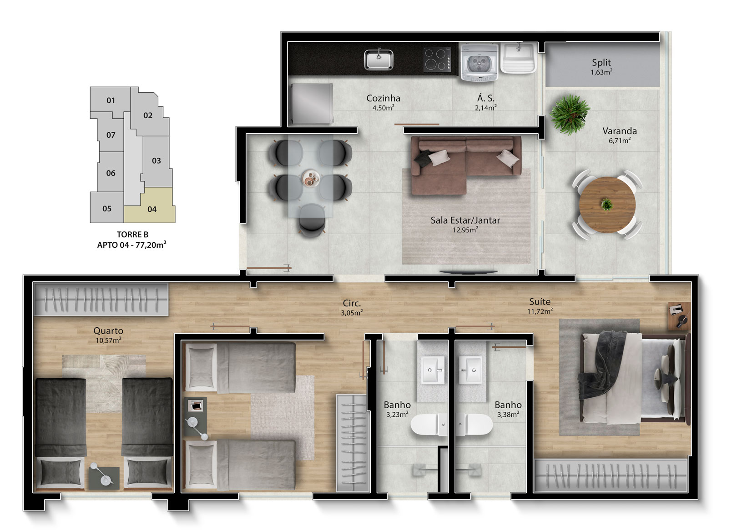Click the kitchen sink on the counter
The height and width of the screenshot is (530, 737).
(379, 60)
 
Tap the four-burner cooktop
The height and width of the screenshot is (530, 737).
(437, 60)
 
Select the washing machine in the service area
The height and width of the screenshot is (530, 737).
(480, 62)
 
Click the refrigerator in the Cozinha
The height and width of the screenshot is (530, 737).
(311, 104)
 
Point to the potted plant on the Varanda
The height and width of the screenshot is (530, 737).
(570, 114)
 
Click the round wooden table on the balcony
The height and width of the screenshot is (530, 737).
(607, 205)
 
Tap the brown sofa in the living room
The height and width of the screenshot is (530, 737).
(466, 165)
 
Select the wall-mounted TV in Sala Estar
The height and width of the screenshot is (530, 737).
(469, 272)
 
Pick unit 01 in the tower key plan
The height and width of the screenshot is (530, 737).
(111, 100)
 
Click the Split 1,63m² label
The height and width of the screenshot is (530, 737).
(601, 67)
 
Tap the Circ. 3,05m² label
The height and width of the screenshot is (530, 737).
(352, 307)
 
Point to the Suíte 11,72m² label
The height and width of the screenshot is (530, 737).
(540, 306)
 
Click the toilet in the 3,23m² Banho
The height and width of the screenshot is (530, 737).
(429, 425)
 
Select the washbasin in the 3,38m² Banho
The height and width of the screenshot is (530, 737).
(470, 370)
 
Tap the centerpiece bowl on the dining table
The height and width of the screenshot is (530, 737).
(310, 179)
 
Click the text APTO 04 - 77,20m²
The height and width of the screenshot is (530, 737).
(131, 245)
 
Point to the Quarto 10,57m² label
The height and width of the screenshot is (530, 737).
(108, 335)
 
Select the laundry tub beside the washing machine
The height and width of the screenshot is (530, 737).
(519, 58)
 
